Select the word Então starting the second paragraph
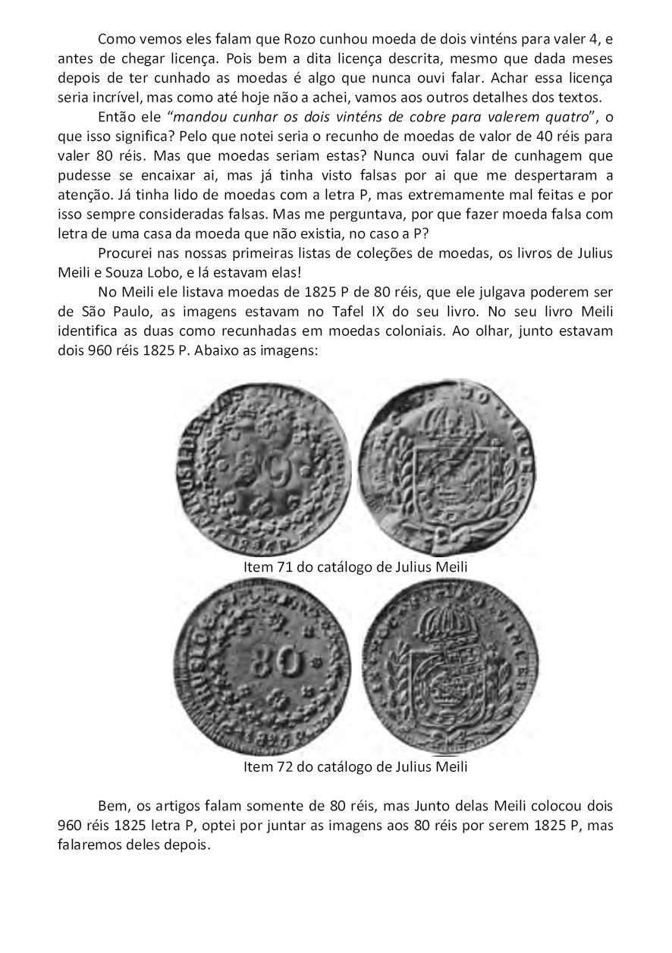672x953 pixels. (115, 117)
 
